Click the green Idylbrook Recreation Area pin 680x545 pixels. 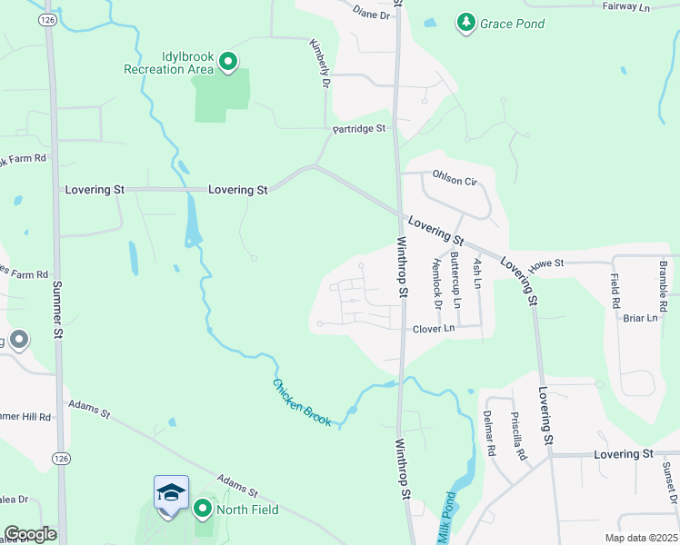click(x=227, y=62)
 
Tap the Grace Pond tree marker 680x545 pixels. click(x=465, y=23)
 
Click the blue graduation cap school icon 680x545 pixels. click(x=171, y=492)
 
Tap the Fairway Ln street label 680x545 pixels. click(x=627, y=6)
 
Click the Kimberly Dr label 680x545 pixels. click(x=318, y=63)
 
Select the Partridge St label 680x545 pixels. click(x=359, y=129)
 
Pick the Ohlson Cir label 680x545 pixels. click(x=455, y=180)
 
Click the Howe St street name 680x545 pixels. click(x=547, y=263)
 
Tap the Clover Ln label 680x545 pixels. click(x=433, y=329)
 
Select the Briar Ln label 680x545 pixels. click(x=640, y=318)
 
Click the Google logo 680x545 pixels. click(x=30, y=534)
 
